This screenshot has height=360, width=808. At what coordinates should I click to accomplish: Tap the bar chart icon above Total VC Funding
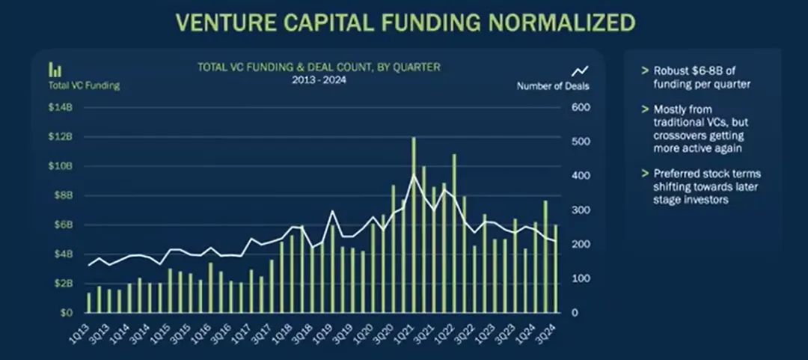[55, 70]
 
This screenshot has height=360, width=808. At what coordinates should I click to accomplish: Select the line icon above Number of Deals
[580, 70]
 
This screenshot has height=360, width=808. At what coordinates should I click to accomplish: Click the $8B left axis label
[62, 195]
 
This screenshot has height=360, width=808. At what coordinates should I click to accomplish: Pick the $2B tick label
[62, 284]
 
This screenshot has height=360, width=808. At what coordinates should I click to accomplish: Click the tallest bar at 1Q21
[414, 225]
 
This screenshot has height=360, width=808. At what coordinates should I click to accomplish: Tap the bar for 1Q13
[89, 302]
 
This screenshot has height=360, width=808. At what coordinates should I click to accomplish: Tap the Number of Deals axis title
[553, 86]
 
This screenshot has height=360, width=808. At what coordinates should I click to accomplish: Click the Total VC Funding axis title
[85, 85]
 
